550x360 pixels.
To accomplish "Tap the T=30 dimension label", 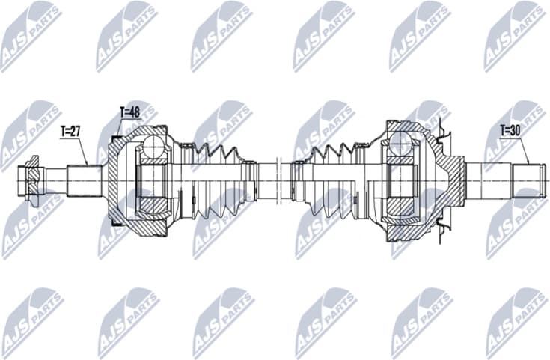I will pos(512,129).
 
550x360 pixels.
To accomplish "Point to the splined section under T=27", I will pos(85,178).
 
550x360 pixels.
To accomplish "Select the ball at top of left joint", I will pos(154,145).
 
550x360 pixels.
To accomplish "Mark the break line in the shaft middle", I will pos(277,180).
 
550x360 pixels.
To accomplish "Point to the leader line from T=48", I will pos(120,127).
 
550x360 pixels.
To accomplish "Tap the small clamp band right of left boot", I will pos(249,180).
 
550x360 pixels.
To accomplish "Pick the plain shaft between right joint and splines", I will pos(486,180).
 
